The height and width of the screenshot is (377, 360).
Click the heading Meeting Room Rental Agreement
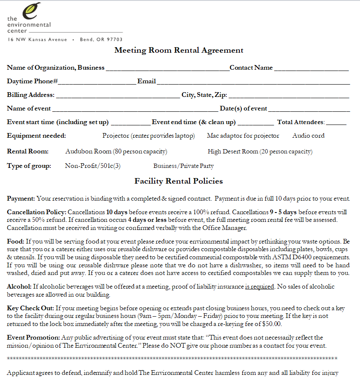179,50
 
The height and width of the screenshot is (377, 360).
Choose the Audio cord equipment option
308,136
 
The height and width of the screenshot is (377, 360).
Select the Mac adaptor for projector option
243,136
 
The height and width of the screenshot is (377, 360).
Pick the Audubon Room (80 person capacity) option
116,151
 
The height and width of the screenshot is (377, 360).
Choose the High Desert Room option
260,151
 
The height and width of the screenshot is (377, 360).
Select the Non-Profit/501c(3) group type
93,166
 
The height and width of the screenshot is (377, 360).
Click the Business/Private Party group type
184,166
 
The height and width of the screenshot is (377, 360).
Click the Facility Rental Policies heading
179,181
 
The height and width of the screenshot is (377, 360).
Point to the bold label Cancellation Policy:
37,212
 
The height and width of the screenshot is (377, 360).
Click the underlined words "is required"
259,286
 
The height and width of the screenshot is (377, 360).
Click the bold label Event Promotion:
34,337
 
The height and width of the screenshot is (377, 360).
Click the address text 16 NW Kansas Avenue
37,40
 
